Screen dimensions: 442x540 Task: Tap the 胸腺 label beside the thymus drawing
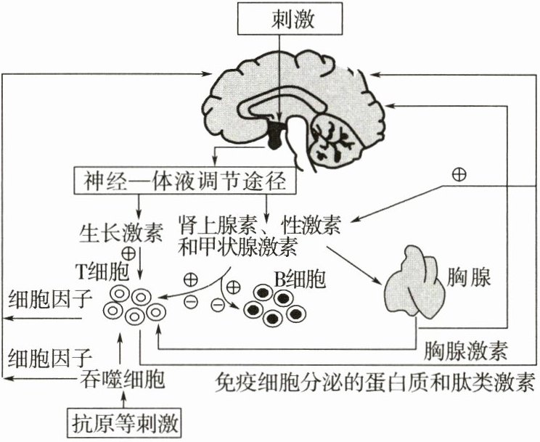click(471, 277)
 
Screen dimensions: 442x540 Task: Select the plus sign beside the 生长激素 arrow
click(128, 253)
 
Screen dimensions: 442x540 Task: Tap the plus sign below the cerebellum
click(458, 174)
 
